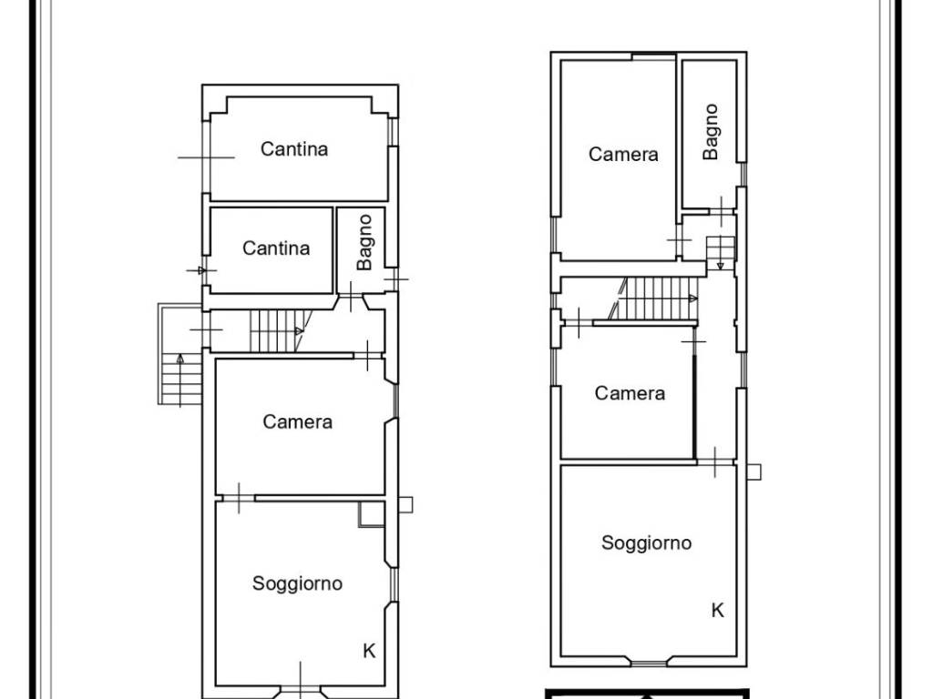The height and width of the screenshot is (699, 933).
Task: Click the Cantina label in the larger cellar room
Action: click(x=294, y=148)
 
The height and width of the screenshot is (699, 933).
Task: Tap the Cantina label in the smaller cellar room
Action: click(x=276, y=248)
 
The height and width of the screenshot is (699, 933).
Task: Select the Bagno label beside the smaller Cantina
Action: click(x=364, y=242)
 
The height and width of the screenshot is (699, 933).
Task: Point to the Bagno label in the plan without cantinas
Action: click(x=711, y=131)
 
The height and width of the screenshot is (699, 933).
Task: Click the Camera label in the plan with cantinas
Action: click(x=298, y=421)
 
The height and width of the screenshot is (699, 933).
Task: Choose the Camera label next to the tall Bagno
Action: click(x=623, y=154)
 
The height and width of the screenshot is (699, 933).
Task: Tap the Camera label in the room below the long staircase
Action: click(x=630, y=393)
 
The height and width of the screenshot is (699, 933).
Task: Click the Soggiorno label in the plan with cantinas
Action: click(x=298, y=583)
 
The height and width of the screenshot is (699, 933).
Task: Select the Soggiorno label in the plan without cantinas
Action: click(x=646, y=542)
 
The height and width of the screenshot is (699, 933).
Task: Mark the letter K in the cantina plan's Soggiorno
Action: click(x=369, y=651)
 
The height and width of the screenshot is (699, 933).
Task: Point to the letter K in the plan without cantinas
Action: click(x=718, y=610)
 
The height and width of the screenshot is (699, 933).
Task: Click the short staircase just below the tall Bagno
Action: click(x=721, y=248)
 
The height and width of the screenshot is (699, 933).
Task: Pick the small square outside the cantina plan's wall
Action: click(x=405, y=504)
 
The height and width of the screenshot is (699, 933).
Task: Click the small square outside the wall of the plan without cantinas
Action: click(x=754, y=472)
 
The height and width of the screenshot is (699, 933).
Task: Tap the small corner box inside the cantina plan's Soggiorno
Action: click(x=372, y=514)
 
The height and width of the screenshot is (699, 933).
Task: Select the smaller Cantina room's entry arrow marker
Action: click(x=201, y=270)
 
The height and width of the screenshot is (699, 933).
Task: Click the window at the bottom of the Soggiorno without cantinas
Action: click(x=649, y=661)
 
